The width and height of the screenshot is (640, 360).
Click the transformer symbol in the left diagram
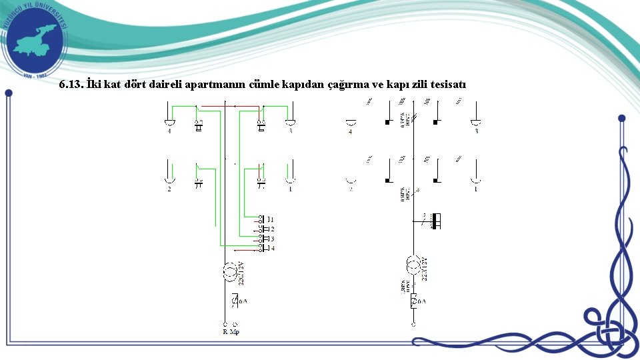(229, 271)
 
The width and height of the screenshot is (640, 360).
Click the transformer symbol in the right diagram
(414, 265)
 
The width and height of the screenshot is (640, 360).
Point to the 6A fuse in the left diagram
(235, 301)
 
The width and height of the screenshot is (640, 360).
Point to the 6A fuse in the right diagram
(414, 301)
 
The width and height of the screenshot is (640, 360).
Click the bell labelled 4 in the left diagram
(169, 123)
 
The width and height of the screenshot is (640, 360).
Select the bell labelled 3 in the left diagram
(290, 123)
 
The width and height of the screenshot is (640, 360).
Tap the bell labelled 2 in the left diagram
(169, 179)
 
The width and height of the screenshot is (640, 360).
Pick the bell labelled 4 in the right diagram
(351, 123)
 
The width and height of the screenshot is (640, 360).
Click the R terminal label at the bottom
(225, 331)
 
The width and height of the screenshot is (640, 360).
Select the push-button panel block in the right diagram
(436, 221)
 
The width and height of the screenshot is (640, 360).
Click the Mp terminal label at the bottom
(235, 331)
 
